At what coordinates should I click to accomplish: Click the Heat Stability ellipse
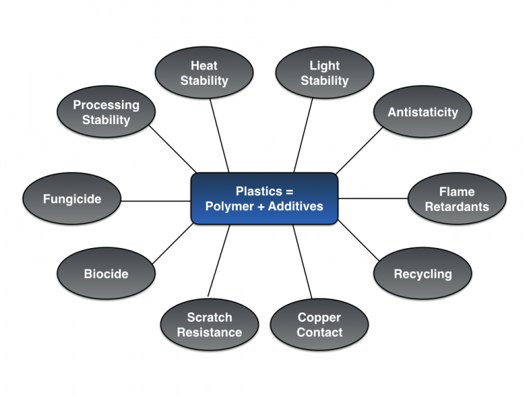click(x=204, y=73)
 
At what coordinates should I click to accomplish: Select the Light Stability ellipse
click(x=324, y=73)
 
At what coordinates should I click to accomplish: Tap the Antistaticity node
click(x=422, y=112)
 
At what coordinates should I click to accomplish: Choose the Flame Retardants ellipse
click(x=457, y=199)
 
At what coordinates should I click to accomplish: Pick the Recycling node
click(x=422, y=274)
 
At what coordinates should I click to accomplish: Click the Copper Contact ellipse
click(x=320, y=325)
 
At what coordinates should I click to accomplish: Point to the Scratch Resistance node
click(x=209, y=325)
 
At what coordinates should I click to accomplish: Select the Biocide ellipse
click(x=106, y=274)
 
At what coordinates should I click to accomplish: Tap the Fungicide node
click(x=72, y=199)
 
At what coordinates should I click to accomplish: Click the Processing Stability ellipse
click(x=106, y=112)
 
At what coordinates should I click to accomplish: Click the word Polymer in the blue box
click(x=229, y=206)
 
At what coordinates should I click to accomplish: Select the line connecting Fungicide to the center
click(x=156, y=201)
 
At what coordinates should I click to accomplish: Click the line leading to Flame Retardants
click(x=373, y=198)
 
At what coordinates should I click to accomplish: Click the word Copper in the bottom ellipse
click(x=320, y=318)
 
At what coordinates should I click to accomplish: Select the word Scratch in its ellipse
click(x=209, y=318)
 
